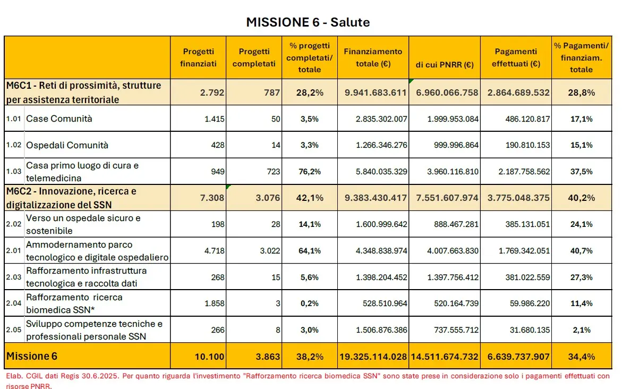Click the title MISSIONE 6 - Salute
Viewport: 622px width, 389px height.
click(x=308, y=22)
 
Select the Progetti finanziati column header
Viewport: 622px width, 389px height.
click(x=198, y=57)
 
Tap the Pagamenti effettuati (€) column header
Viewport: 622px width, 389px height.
click(x=516, y=57)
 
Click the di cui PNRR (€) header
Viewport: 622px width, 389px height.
click(x=444, y=65)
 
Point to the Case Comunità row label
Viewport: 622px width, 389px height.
click(x=59, y=119)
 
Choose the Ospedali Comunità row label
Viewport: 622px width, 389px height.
click(x=67, y=145)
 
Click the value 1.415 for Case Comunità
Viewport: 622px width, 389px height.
click(x=214, y=119)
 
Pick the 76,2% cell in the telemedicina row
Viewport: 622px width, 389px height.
click(x=310, y=172)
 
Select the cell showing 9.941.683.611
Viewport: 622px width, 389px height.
click(x=375, y=93)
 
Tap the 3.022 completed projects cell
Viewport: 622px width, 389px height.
click(x=270, y=251)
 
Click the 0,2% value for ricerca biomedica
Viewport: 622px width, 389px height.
click(x=310, y=303)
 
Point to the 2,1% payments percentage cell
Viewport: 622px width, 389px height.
click(x=581, y=330)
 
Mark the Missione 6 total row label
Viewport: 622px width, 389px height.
click(x=32, y=356)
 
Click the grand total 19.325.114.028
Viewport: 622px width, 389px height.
click(x=373, y=357)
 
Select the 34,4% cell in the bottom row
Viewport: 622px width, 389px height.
click(x=581, y=357)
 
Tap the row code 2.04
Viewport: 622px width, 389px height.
click(x=13, y=303)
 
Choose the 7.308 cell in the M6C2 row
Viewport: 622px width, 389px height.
click(x=212, y=198)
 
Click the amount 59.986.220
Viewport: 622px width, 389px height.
click(x=530, y=303)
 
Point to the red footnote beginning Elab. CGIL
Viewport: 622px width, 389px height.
click(x=308, y=380)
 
